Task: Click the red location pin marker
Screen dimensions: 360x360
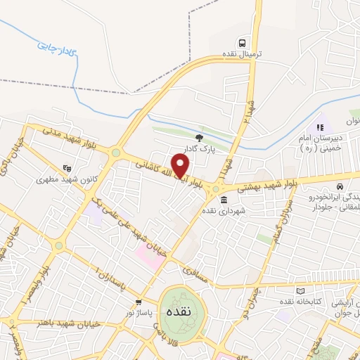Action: pyautogui.click(x=181, y=166)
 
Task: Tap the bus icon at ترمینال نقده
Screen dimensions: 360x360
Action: pyautogui.click(x=242, y=42)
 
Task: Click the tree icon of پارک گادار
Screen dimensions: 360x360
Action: pyautogui.click(x=199, y=137)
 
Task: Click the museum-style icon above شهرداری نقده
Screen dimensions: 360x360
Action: pyautogui.click(x=224, y=200)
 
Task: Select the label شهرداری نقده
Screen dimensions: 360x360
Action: pyautogui.click(x=224, y=211)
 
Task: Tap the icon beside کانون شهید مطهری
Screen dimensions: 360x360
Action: pyautogui.click(x=67, y=168)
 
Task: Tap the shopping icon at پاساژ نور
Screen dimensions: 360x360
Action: pyautogui.click(x=138, y=302)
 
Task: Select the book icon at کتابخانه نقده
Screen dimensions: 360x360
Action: pyautogui.click(x=302, y=290)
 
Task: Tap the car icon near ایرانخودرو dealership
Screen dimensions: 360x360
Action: pyautogui.click(x=340, y=187)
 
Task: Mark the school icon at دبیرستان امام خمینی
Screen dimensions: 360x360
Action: pyautogui.click(x=318, y=127)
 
